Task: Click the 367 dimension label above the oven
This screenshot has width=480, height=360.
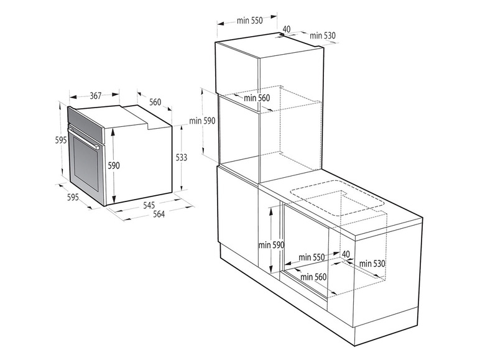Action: [95, 96]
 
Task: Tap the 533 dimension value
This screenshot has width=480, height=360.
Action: [181, 157]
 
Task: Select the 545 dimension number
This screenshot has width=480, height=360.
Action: [149, 205]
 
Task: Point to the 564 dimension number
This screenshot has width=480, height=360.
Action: [159, 214]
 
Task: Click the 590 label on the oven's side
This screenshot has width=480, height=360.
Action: [114, 165]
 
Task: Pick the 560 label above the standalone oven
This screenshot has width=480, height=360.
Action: [155, 102]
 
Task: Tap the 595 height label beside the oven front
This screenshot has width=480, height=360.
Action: [61, 140]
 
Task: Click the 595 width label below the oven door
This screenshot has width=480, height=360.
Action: [73, 197]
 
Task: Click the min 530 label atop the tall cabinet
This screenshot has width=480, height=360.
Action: [322, 35]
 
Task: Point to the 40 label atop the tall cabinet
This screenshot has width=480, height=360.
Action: [286, 29]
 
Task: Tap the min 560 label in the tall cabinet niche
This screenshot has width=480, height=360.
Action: [257, 98]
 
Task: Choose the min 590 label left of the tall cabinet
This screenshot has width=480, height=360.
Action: [202, 121]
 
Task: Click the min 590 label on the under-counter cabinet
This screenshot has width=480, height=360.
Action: [271, 245]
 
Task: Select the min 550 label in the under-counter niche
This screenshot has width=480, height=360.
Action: [312, 257]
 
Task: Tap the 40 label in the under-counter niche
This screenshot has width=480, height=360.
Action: [346, 254]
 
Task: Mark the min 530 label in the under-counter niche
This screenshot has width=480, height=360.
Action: [372, 263]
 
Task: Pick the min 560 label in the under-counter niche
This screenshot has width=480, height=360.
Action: [313, 277]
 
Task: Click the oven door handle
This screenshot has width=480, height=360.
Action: [83, 137]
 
